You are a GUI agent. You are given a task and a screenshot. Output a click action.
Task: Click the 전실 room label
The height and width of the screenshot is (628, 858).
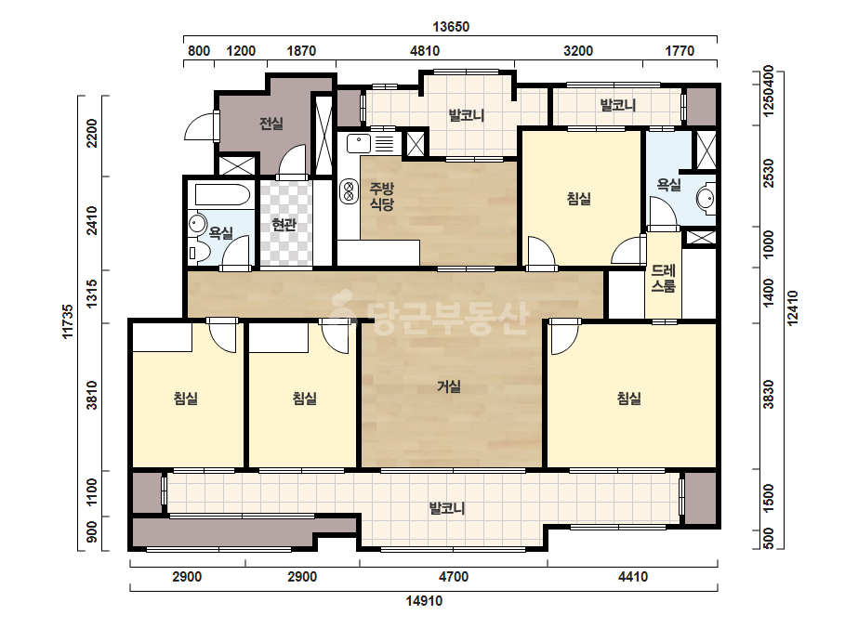[271, 124]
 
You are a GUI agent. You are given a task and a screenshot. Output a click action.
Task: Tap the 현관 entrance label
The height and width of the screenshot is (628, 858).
[284, 224]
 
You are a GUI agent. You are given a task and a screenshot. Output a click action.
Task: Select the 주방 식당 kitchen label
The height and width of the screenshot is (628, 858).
[382, 196]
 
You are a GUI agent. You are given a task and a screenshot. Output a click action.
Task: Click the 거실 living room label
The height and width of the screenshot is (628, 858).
[449, 386]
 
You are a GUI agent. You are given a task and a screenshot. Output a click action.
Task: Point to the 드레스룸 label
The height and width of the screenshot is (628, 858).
[663, 279]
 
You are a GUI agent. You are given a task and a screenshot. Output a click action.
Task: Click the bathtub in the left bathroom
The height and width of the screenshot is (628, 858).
[220, 195]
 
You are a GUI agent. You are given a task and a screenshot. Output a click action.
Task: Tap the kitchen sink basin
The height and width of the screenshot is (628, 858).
[359, 144]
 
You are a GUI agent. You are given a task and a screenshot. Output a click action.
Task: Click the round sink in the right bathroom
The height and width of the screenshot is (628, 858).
[706, 198]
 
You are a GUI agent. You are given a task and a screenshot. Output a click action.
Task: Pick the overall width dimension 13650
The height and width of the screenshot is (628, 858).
[451, 27]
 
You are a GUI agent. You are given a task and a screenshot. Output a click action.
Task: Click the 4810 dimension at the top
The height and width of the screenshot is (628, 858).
[425, 51]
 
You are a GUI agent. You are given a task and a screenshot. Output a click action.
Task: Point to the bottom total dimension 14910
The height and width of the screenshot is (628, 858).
[424, 601]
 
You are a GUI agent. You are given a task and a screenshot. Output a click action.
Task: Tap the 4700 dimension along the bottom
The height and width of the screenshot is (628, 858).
[454, 577]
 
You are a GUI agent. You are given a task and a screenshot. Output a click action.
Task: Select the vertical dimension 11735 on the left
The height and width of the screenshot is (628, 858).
[68, 321]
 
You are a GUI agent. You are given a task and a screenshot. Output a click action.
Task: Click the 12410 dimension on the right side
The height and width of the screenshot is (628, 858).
[792, 308]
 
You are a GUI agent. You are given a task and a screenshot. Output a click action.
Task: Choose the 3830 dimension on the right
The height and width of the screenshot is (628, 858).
[769, 394]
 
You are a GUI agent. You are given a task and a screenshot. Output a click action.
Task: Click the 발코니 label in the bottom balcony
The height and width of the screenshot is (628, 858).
[447, 508]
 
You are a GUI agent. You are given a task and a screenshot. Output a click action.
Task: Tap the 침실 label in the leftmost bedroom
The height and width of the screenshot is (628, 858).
[186, 399]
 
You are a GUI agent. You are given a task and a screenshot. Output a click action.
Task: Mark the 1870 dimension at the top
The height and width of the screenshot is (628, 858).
[301, 51]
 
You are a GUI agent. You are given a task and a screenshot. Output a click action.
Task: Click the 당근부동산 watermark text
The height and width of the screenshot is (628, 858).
[432, 313]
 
